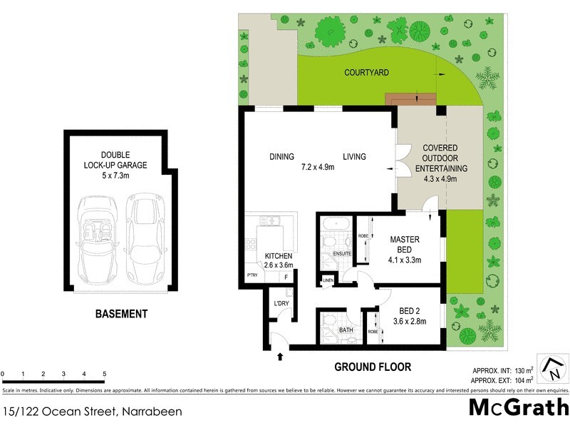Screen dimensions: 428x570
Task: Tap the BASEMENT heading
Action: [x=122, y=314]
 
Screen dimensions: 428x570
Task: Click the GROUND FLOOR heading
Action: [x=373, y=367]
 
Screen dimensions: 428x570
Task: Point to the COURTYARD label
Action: [x=366, y=73]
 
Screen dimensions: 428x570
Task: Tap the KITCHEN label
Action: [x=279, y=256]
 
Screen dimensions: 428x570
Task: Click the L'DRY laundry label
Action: [x=281, y=304]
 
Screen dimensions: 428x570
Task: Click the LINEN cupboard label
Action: [x=328, y=280]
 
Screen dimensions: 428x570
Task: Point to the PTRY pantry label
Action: [x=252, y=275]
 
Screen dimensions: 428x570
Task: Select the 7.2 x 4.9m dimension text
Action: [x=317, y=167]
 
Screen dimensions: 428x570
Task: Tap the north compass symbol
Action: [x=552, y=368]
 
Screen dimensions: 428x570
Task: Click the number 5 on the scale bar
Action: [x=104, y=374]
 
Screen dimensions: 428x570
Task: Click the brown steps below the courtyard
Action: [x=411, y=98]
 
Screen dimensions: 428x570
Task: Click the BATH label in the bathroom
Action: [x=346, y=330]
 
